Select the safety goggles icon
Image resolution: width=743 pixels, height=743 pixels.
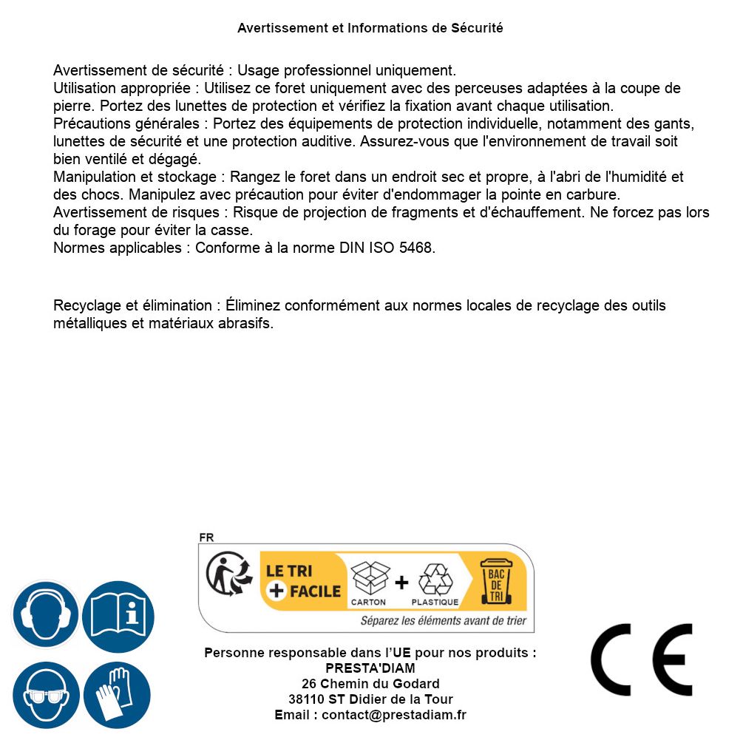click(x=45, y=696)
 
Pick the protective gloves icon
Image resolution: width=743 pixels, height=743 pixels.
click(x=117, y=696)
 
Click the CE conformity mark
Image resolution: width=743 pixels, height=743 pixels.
click(x=642, y=659)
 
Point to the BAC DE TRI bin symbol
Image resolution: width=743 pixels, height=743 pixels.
click(x=496, y=580)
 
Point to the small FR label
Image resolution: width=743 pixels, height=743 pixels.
click(x=206, y=537)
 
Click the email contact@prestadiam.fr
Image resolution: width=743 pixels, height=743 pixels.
click(x=394, y=715)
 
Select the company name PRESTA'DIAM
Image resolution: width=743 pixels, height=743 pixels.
click(x=370, y=668)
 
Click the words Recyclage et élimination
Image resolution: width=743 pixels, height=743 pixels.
click(x=132, y=305)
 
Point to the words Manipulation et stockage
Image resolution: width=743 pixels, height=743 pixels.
click(x=137, y=177)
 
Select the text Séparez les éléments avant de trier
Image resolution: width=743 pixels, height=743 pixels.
click(x=444, y=621)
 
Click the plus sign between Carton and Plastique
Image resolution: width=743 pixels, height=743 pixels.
click(x=401, y=583)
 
